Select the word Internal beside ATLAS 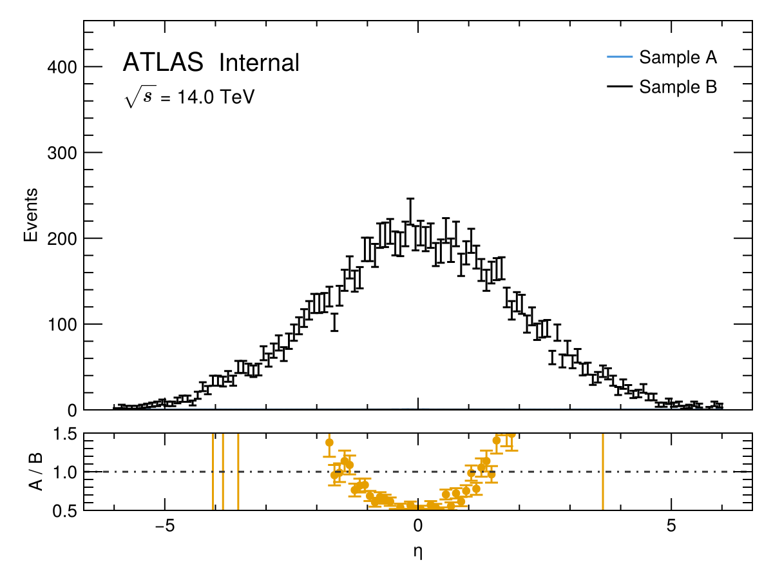(259, 63)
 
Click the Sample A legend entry (678, 57)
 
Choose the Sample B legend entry (678, 86)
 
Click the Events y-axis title (30, 215)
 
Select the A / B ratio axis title (36, 471)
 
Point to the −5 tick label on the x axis (165, 525)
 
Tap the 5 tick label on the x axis (671, 525)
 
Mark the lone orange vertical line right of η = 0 (602, 471)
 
